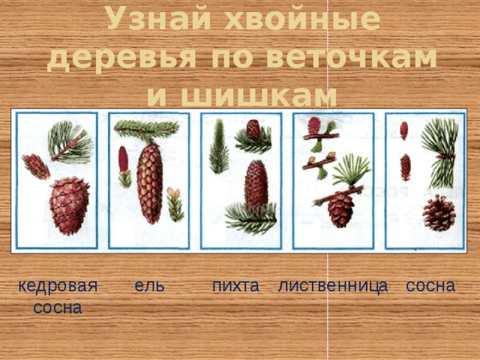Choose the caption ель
pyautogui.click(x=150, y=286)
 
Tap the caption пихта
pyautogui.click(x=235, y=286)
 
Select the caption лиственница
pyautogui.click(x=332, y=286)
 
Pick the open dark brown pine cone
pyautogui.click(x=439, y=213)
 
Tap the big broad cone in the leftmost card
pyautogui.click(x=68, y=205)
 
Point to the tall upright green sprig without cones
pyautogui.click(x=218, y=147)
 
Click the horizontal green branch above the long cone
pyautogui.click(x=147, y=129)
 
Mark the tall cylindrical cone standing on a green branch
pyautogui.click(x=256, y=184)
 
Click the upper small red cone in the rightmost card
pyautogui.click(x=404, y=130)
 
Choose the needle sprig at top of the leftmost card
pyautogui.click(x=70, y=141)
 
